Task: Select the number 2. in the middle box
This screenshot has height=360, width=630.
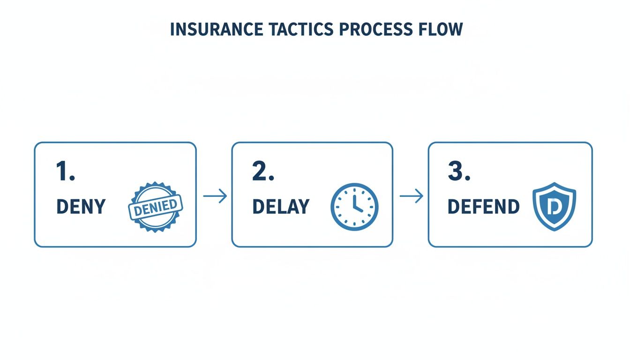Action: [262, 172]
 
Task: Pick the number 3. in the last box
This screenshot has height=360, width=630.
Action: [459, 172]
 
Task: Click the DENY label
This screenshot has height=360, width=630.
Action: [81, 207]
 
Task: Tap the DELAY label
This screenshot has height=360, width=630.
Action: [281, 207]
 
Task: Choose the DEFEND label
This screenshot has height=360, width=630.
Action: [483, 207]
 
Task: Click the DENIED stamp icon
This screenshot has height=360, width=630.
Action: [155, 207]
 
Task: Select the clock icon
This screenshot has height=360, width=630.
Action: [354, 207]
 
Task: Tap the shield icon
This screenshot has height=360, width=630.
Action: [555, 207]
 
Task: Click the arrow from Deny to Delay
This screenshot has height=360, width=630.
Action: [215, 196]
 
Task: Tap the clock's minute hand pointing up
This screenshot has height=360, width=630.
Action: [354, 197]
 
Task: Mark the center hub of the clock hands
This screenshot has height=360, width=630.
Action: [354, 206]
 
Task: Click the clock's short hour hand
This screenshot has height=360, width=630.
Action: [359, 209]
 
